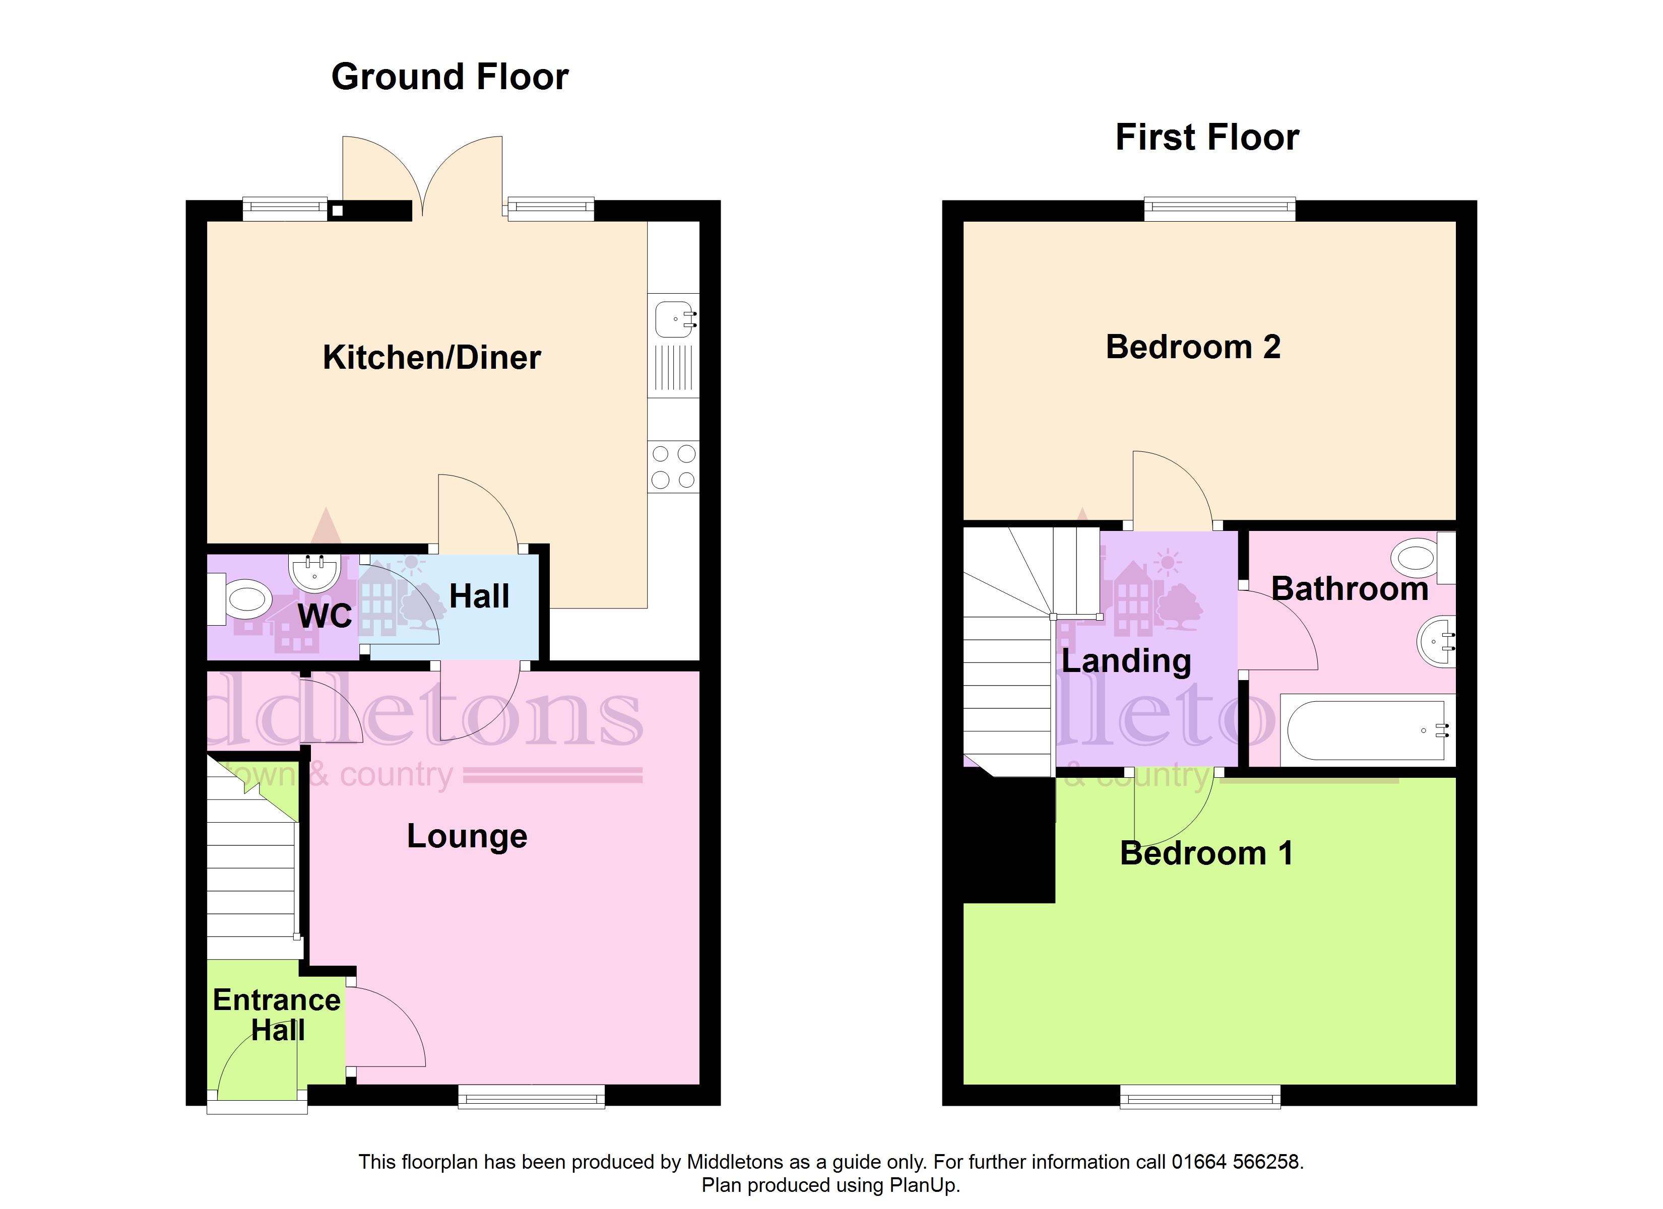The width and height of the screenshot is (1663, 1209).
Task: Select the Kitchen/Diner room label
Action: coord(432,358)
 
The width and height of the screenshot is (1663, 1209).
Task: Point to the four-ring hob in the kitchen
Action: coord(673,466)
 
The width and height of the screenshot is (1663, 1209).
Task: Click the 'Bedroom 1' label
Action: coord(1206,853)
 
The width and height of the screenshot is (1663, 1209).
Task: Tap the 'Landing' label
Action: coord(1126,661)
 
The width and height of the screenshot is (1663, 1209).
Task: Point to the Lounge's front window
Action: coord(532,1097)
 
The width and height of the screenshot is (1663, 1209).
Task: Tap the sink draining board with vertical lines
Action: coord(673,368)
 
